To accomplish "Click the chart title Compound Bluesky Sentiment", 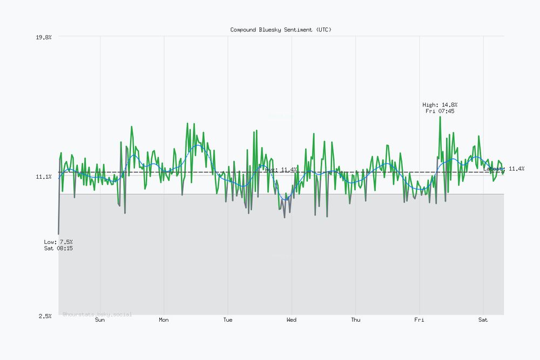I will (281, 30).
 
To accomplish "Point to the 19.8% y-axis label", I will (43, 37).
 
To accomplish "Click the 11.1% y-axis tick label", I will (43, 176).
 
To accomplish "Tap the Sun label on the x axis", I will (100, 320).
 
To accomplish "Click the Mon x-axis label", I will (164, 320).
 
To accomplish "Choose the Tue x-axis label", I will (228, 320).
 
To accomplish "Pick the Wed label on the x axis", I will (292, 320).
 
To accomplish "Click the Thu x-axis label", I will (355, 320).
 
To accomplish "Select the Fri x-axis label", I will (420, 320).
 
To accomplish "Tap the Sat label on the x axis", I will (483, 320).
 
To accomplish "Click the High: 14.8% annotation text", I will (440, 105).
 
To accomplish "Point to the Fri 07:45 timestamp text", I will (440, 111).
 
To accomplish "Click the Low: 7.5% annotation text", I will (58, 242).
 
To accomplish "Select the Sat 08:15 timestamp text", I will (58, 248).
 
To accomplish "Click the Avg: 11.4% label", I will (281, 169).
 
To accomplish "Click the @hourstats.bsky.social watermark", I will (97, 314).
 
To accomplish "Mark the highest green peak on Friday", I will (440, 117).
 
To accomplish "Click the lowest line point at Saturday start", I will (58, 234).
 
